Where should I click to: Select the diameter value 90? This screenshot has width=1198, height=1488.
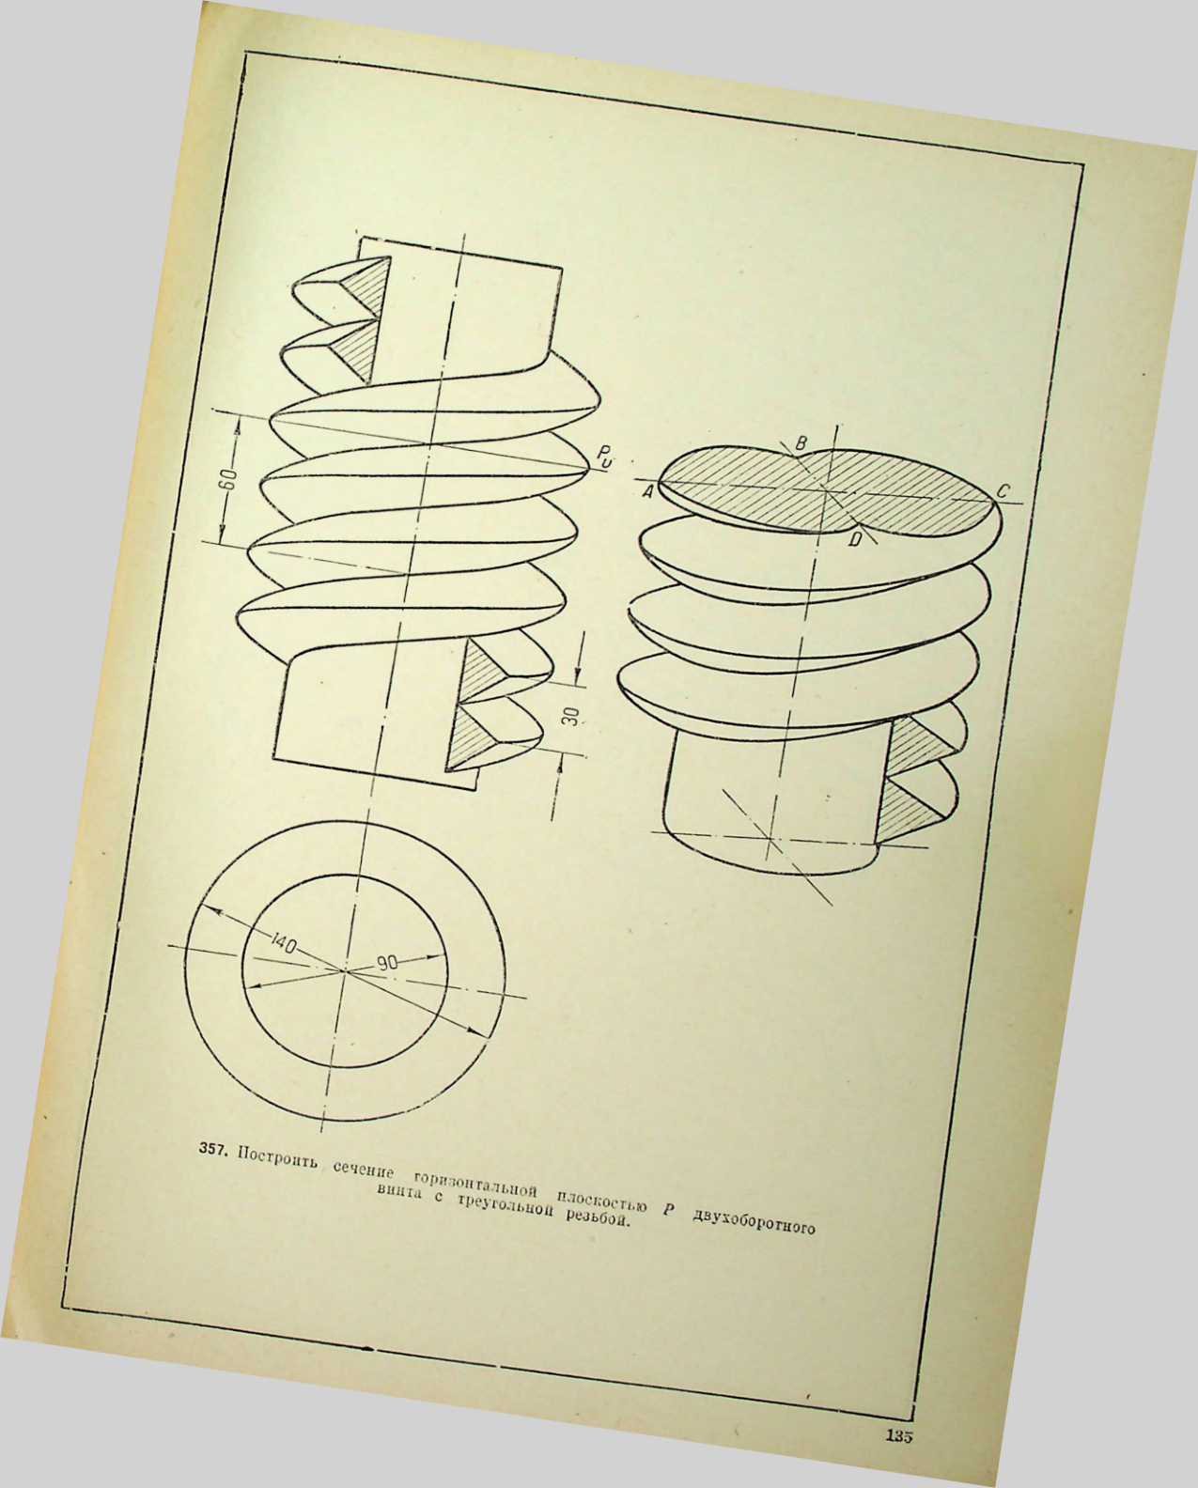coord(387,963)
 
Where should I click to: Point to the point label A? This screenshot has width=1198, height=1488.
coord(647,492)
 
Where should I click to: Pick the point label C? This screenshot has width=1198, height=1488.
coord(1003,491)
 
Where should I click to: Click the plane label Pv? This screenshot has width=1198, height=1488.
coord(603,457)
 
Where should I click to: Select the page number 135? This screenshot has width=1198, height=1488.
coord(899,1433)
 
